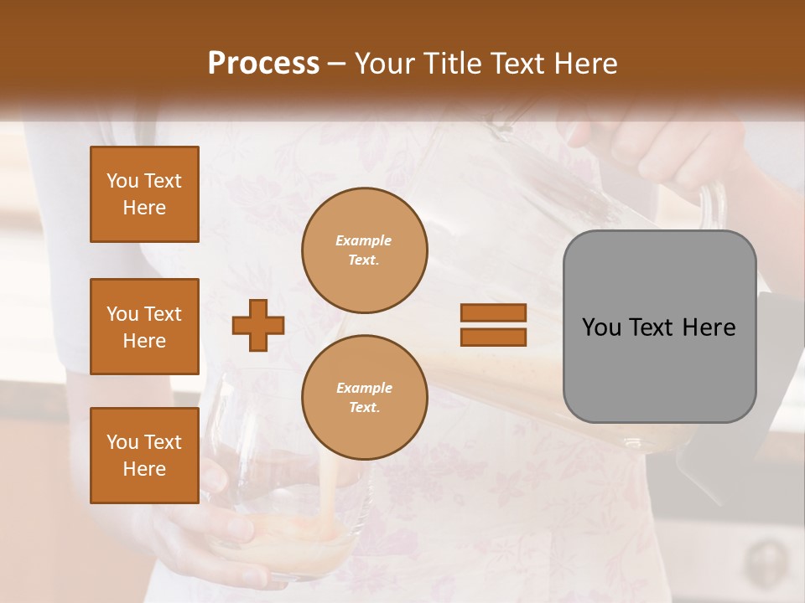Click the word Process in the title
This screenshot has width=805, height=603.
tap(263, 64)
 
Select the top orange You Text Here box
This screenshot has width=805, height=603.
tap(144, 194)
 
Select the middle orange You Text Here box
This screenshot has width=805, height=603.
tap(144, 327)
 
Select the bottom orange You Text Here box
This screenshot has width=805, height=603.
tap(144, 456)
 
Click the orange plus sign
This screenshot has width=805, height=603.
tap(258, 325)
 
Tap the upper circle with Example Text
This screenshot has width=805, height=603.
tap(364, 250)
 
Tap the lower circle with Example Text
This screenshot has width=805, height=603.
tap(364, 398)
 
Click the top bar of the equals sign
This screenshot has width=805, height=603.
tap(493, 312)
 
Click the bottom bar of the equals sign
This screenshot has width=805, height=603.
tap(493, 337)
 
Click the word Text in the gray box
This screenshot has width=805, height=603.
tap(651, 327)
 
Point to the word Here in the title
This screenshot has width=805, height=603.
tap(584, 64)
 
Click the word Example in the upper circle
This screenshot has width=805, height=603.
tap(364, 241)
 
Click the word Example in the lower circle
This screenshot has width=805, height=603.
tap(364, 389)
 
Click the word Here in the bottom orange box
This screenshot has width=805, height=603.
tap(144, 469)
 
